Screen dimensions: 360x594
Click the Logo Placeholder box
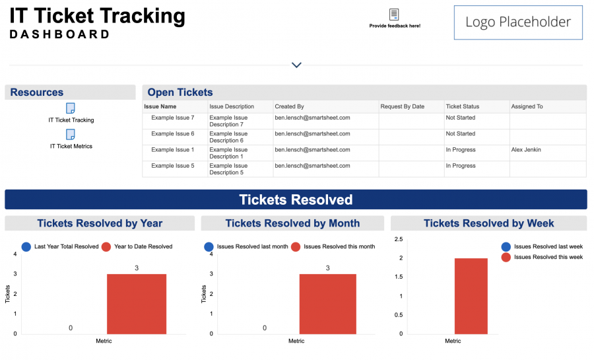click(517, 22)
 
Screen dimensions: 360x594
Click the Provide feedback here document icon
click(394, 15)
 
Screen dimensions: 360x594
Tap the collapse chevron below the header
click(296, 65)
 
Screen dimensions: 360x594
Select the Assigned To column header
click(527, 106)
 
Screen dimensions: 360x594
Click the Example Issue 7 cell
click(173, 118)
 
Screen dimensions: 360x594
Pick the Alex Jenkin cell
click(526, 150)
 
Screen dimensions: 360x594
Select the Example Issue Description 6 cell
click(226, 137)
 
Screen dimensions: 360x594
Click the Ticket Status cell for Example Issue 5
click(461, 166)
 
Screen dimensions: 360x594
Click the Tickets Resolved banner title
click(296, 199)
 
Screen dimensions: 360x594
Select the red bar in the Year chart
click(137, 304)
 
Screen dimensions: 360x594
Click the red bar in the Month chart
click(328, 304)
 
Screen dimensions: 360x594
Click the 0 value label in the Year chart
click(71, 328)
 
